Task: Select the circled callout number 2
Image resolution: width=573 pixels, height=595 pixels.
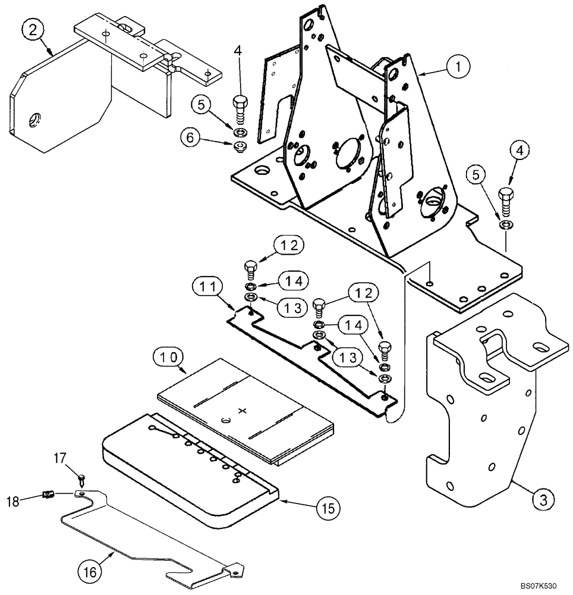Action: coord(33,29)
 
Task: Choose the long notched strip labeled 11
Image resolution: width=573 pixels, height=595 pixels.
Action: coord(309,357)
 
